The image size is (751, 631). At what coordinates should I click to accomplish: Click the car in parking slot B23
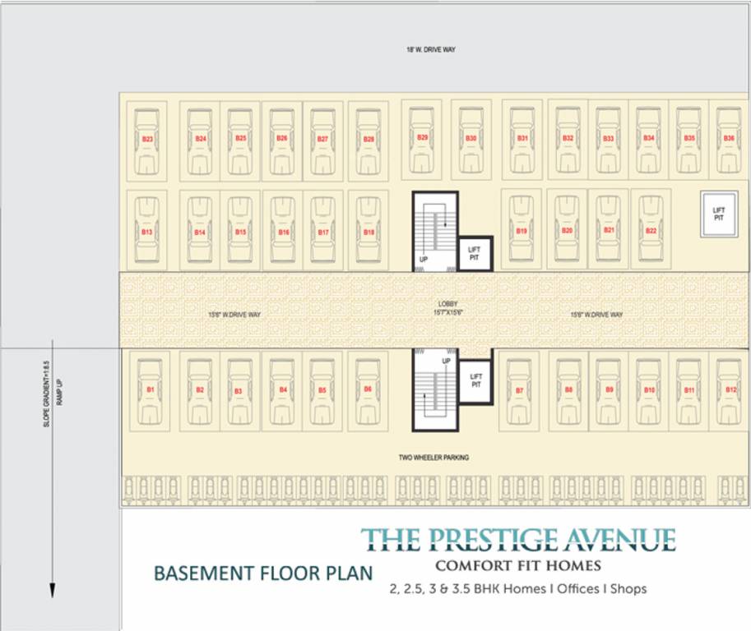click(x=148, y=140)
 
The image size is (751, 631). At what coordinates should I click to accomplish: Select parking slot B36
click(x=729, y=138)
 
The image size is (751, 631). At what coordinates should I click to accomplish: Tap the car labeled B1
click(x=151, y=389)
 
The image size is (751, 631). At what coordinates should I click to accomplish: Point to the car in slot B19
click(x=522, y=231)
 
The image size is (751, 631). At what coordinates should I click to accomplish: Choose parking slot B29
click(x=422, y=137)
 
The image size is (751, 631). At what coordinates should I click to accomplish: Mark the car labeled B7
click(x=519, y=389)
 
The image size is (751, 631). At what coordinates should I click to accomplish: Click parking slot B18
click(x=369, y=232)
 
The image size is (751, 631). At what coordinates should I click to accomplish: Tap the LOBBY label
click(x=447, y=304)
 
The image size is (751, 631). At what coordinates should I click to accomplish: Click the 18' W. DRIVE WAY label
click(x=430, y=50)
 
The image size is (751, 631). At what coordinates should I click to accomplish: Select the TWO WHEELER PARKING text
click(x=434, y=457)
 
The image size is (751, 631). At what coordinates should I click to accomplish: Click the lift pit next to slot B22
click(x=718, y=214)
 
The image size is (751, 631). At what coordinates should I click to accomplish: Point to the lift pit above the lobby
click(x=474, y=253)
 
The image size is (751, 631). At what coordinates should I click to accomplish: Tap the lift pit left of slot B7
click(x=475, y=380)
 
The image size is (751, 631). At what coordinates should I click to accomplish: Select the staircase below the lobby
click(x=433, y=390)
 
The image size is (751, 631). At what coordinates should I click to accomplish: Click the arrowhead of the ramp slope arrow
click(x=52, y=590)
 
